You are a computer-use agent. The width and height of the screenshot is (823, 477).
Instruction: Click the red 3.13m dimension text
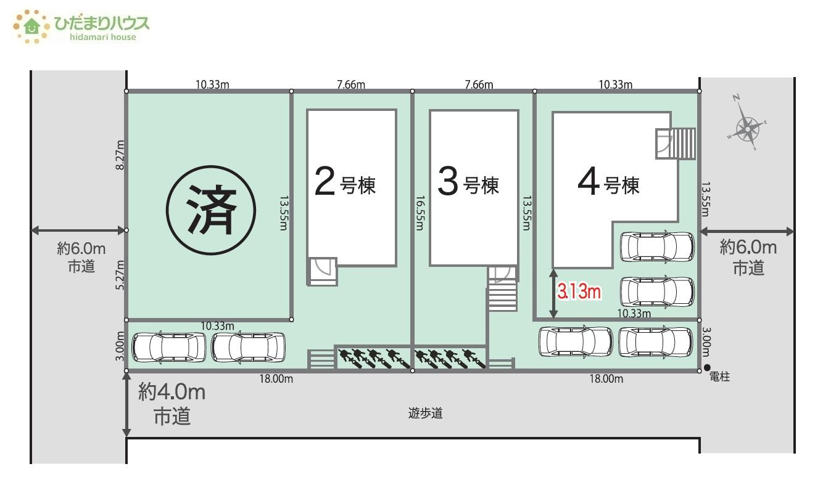click(x=579, y=291)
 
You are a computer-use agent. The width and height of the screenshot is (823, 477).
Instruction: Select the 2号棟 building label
click(x=345, y=182)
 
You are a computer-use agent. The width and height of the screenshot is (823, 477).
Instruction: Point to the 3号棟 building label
click(x=468, y=182)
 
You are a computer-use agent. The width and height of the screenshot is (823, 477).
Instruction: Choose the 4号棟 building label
click(x=608, y=182)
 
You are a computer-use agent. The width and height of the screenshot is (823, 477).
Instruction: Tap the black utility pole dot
click(x=707, y=367)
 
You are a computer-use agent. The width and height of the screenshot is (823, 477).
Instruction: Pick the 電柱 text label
click(x=719, y=377)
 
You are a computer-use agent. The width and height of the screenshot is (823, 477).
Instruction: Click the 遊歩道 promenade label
click(x=425, y=414)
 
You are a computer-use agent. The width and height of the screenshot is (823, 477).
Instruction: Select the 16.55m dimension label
click(x=420, y=213)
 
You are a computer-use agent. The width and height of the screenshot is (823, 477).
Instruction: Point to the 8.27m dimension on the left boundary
click(x=120, y=155)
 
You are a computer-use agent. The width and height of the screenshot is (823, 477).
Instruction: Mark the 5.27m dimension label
click(x=120, y=275)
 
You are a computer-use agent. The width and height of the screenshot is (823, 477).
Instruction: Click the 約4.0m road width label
click(x=172, y=392)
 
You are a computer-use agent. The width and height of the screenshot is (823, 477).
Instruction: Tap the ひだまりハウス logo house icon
click(x=31, y=26)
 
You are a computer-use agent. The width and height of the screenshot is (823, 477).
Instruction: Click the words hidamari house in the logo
click(x=103, y=37)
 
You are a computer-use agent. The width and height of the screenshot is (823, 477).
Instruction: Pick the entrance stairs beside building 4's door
click(x=684, y=143)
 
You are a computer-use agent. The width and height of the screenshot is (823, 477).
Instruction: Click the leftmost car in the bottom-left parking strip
click(x=168, y=348)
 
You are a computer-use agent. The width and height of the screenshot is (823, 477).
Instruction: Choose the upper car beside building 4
click(x=657, y=247)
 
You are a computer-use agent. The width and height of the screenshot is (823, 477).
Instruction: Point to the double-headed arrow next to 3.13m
click(x=553, y=294)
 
